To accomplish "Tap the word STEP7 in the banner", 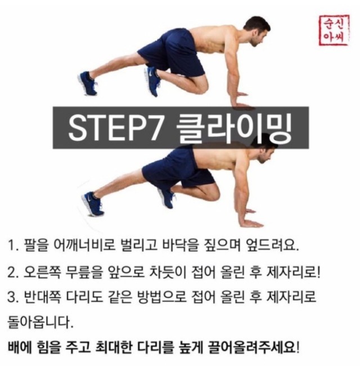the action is (115, 128).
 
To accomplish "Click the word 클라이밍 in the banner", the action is (233, 128).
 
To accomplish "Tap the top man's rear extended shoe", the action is (87, 83).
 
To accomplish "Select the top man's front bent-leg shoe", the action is (152, 81).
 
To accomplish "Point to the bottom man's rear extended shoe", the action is (92, 203).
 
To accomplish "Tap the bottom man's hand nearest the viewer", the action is (251, 223).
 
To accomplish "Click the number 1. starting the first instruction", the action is (13, 245).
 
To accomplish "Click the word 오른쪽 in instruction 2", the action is (43, 273).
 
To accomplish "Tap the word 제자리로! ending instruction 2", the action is (294, 273).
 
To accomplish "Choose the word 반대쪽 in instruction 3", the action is (43, 297).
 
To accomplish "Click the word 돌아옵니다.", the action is (40, 323).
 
